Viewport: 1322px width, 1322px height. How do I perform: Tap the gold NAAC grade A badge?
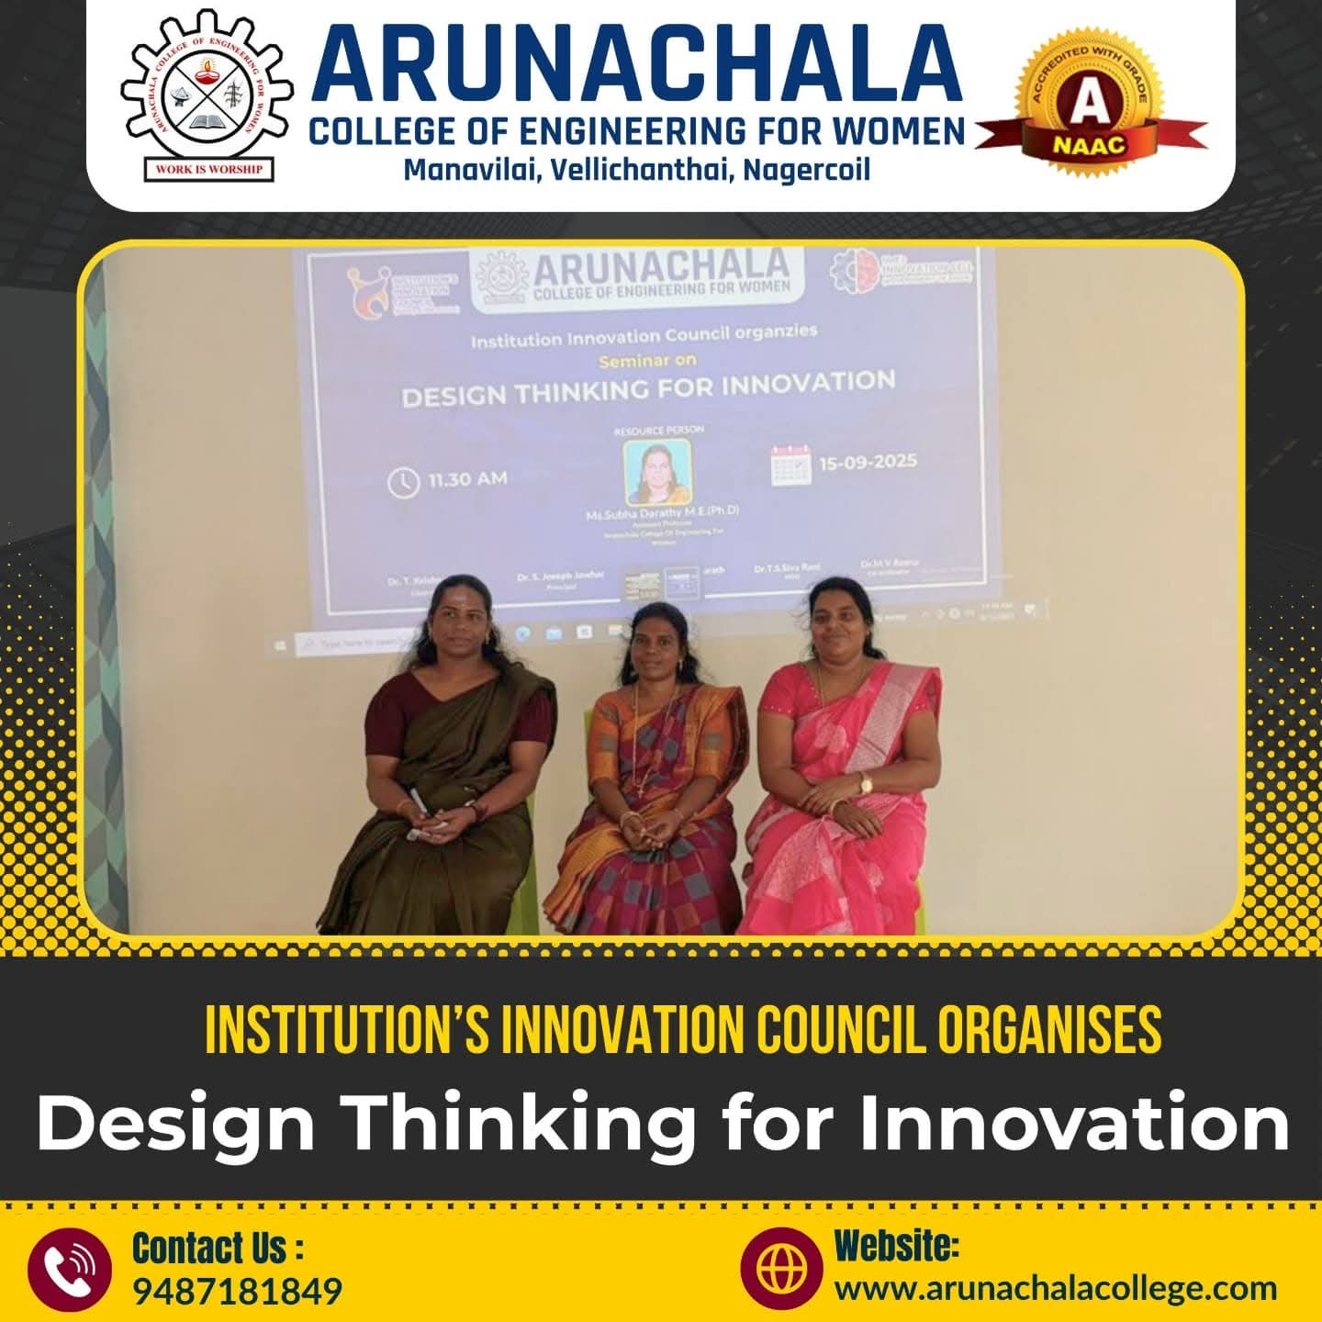(x=1090, y=108)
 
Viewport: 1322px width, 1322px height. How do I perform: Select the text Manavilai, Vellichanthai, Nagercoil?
(x=637, y=171)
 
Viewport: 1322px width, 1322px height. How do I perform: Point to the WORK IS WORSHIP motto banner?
(x=208, y=169)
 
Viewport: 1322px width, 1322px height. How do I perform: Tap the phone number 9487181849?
(x=238, y=1291)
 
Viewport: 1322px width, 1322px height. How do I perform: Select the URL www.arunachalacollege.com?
(x=1055, y=1287)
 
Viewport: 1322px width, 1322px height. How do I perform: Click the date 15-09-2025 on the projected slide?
(x=868, y=461)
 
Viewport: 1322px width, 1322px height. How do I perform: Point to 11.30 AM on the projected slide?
(x=467, y=479)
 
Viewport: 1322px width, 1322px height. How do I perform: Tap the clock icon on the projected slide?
(x=403, y=482)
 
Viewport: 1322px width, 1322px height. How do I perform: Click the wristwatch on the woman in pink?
(x=864, y=782)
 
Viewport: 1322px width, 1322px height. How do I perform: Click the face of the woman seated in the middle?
(x=658, y=638)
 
